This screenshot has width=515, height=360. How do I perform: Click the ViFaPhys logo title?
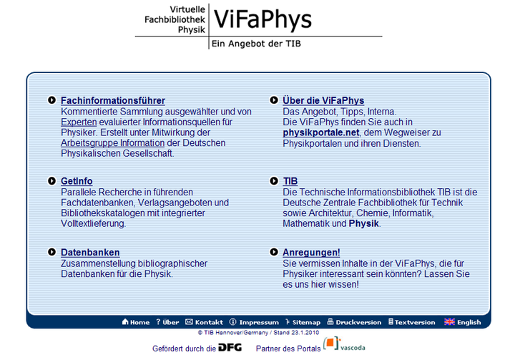(x=263, y=20)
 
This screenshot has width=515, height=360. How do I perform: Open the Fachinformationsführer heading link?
(x=113, y=101)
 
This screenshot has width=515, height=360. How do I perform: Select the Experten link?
(x=79, y=122)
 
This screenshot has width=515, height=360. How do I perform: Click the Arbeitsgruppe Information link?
(x=113, y=143)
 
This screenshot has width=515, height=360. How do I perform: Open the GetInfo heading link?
(x=77, y=181)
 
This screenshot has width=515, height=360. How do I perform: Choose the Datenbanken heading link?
(x=90, y=253)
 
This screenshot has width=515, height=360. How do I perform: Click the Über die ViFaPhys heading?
(x=323, y=101)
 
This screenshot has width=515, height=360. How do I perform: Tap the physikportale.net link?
(x=321, y=132)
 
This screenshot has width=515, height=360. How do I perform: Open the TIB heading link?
(x=290, y=181)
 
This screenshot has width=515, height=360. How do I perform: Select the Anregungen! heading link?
(x=311, y=253)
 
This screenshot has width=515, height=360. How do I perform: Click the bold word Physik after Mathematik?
(x=363, y=223)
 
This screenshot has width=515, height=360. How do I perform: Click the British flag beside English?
(x=449, y=322)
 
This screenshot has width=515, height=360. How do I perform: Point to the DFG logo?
(x=230, y=348)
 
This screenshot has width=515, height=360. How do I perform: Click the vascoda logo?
(x=344, y=344)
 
